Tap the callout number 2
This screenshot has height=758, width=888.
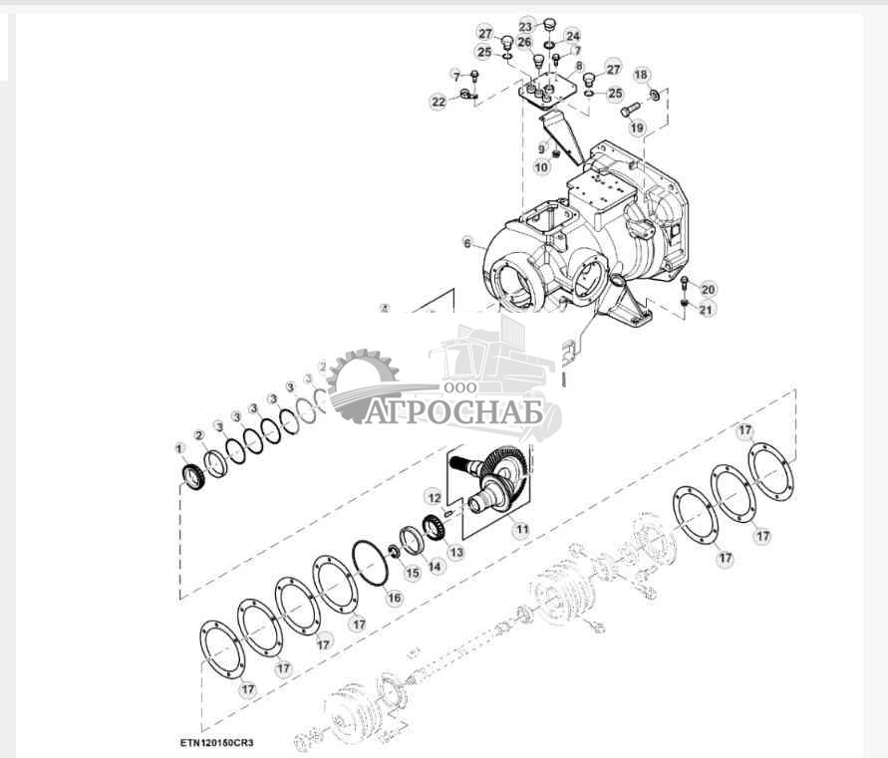(x=199, y=435)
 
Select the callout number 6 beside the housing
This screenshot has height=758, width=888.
(x=466, y=243)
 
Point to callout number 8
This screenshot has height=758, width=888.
(x=579, y=66)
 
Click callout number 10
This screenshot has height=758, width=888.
(x=542, y=167)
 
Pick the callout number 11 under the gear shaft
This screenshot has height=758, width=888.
(x=520, y=530)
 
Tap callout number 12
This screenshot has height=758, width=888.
(x=434, y=496)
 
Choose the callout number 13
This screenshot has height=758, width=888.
(x=456, y=551)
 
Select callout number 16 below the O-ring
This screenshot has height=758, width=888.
(x=395, y=598)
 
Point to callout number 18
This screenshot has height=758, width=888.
(x=642, y=75)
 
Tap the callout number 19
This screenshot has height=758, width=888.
(x=637, y=127)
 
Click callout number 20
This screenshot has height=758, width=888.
(x=708, y=290)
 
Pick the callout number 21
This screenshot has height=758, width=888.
(x=707, y=310)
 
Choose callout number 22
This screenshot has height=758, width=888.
(x=439, y=102)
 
